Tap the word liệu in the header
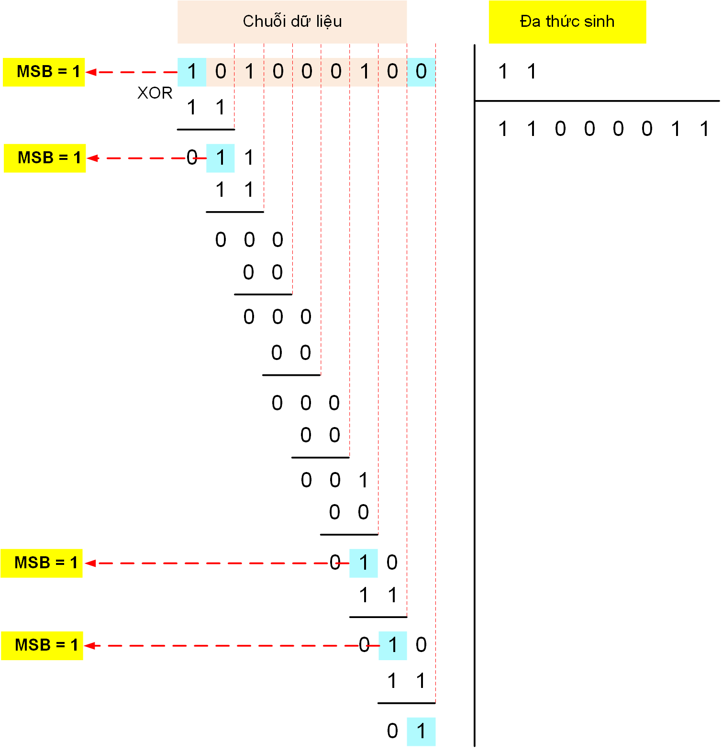pos(329,22)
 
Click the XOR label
pos(155,92)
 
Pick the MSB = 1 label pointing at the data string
pos(44,72)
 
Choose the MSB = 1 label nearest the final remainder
pos(42,645)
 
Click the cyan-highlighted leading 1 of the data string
pos(192,72)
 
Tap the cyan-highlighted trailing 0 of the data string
pos(421,72)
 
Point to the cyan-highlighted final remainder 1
pos(421,731)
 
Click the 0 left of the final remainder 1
pos(392,731)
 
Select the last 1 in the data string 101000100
pos(365,72)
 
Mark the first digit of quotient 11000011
pos(503,129)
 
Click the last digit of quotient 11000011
pos(704,129)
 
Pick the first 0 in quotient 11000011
pos(560,129)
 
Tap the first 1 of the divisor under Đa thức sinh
pos(503,72)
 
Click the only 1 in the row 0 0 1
pos(364,480)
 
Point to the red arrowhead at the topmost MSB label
pos(91,72)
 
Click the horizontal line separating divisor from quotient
pos(597,101)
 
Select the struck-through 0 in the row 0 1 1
pos(192,158)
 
